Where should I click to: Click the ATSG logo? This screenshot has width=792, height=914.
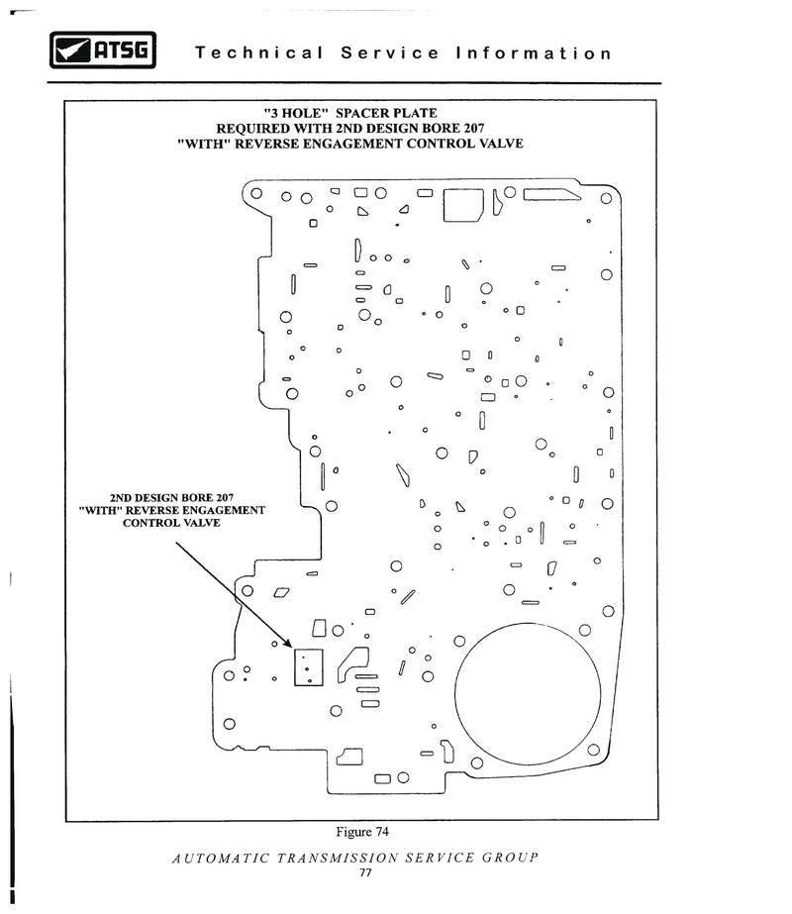pyautogui.click(x=103, y=51)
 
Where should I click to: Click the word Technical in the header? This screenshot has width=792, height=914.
pyautogui.click(x=258, y=53)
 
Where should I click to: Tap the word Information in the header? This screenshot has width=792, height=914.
pyautogui.click(x=534, y=53)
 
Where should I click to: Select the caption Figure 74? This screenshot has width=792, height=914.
pyautogui.click(x=362, y=832)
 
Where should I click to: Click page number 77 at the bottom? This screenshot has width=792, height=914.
pyautogui.click(x=365, y=872)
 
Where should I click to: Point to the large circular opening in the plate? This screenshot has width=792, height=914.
pyautogui.click(x=528, y=693)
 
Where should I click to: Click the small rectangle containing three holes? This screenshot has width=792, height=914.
pyautogui.click(x=308, y=666)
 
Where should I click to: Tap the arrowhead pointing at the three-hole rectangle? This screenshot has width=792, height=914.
pyautogui.click(x=287, y=643)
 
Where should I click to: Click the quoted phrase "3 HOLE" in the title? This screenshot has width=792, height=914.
pyautogui.click(x=293, y=113)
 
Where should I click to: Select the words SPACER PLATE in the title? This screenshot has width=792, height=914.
pyautogui.click(x=386, y=113)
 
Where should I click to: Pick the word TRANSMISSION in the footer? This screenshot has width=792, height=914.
pyautogui.click(x=338, y=858)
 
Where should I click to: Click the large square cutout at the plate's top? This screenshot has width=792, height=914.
pyautogui.click(x=463, y=205)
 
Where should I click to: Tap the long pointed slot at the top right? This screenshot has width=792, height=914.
pyautogui.click(x=551, y=195)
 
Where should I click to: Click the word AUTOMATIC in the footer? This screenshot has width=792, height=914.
pyautogui.click(x=221, y=858)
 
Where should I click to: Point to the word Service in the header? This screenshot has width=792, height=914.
pyautogui.click(x=389, y=53)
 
